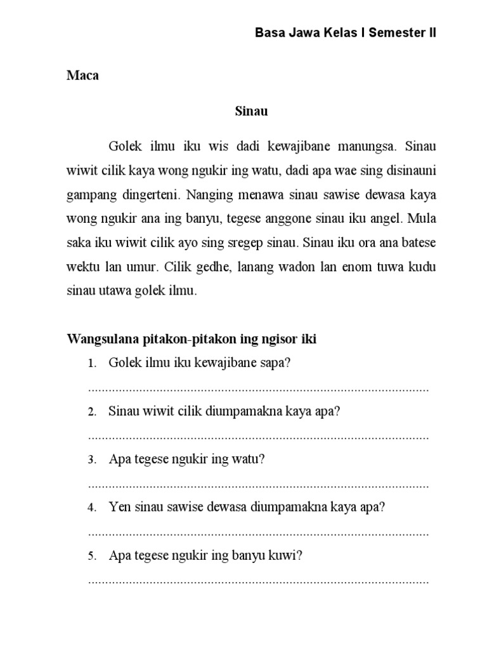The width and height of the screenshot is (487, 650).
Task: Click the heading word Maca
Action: pyautogui.click(x=83, y=76)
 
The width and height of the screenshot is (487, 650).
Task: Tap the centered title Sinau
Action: pyautogui.click(x=252, y=111)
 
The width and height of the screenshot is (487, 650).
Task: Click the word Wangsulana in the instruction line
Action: pyautogui.click(x=100, y=340)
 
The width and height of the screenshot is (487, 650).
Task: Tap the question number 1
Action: pyautogui.click(x=92, y=364)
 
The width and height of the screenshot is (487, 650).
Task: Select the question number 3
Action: pyautogui.click(x=92, y=460)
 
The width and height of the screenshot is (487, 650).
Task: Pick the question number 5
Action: pyautogui.click(x=92, y=557)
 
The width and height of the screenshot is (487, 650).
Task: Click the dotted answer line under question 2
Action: pyautogui.click(x=259, y=437)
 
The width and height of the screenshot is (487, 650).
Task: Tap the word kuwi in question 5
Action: pyautogui.click(x=285, y=556)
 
